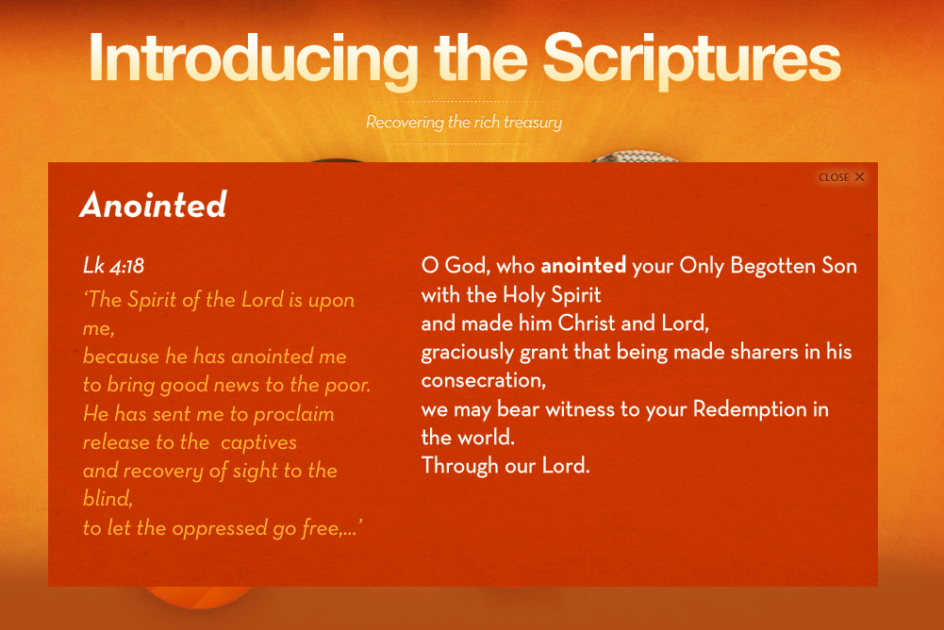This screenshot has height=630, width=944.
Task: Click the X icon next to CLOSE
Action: click(x=859, y=176)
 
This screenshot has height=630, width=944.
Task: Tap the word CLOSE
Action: click(x=834, y=177)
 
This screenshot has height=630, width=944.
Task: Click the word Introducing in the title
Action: click(x=254, y=59)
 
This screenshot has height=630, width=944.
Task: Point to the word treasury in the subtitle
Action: click(x=533, y=123)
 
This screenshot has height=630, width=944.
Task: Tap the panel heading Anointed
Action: click(x=154, y=204)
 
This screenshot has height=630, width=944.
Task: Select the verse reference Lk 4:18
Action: click(x=114, y=266)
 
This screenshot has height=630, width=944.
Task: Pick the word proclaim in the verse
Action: click(x=294, y=415)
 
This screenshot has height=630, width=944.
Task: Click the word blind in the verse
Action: click(x=108, y=499)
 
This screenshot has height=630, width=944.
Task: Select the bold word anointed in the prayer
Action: click(x=584, y=266)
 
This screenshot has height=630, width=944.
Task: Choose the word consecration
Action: click(x=484, y=381)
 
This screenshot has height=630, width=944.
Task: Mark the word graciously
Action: click(x=468, y=353)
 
